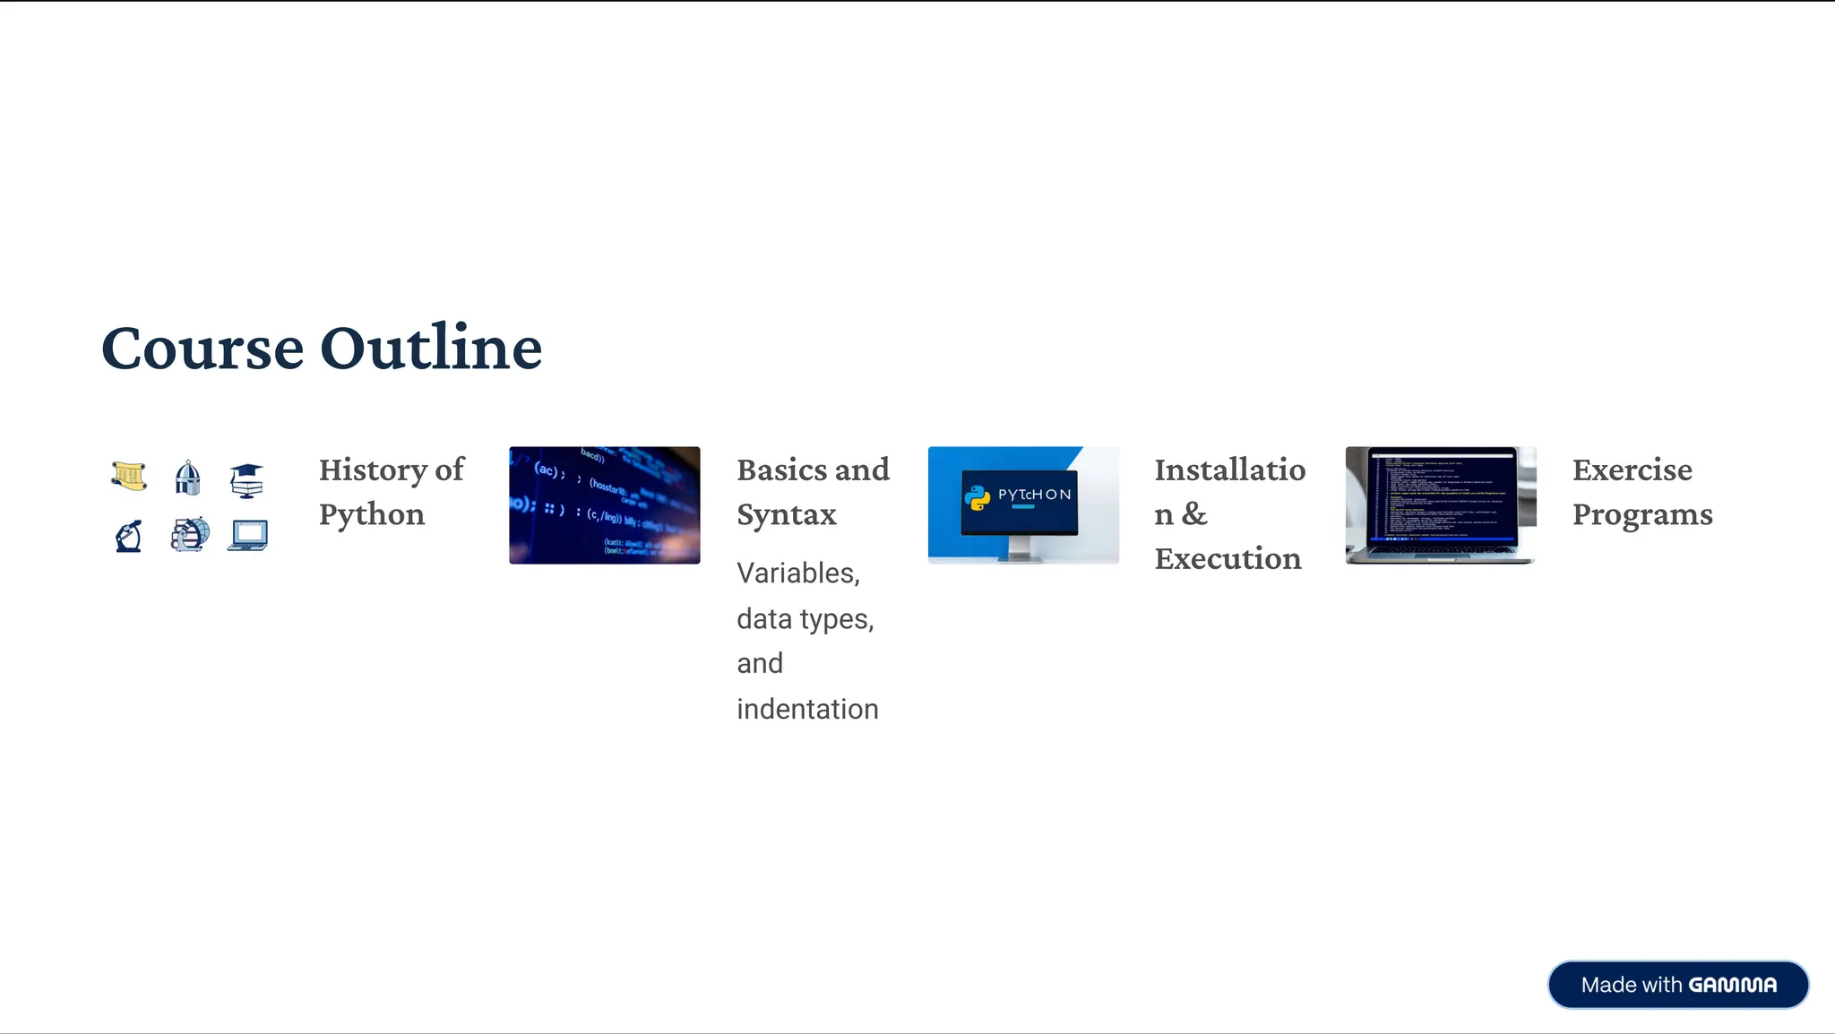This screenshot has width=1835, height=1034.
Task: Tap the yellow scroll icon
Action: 130,476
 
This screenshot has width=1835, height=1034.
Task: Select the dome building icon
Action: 187,478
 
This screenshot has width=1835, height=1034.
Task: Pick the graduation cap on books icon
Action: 246,480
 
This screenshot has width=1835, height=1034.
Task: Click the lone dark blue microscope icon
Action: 129,536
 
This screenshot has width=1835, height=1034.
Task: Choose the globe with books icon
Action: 190,534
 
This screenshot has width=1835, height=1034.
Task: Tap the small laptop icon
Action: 248,535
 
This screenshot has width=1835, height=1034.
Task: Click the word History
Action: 372,470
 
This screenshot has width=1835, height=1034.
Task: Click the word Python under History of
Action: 372,514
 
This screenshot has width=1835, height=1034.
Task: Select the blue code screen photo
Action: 605,505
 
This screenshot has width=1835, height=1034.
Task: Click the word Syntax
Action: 787,514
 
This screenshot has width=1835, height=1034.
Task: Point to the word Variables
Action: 797,573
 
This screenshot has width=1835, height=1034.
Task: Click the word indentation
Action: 807,709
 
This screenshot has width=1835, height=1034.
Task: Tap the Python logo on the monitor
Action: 977,496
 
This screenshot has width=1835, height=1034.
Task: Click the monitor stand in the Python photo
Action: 1020,547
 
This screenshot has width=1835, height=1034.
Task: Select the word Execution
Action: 1228,558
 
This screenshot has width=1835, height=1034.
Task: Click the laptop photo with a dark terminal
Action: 1441,505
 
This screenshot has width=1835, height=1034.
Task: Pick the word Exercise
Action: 1633,470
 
